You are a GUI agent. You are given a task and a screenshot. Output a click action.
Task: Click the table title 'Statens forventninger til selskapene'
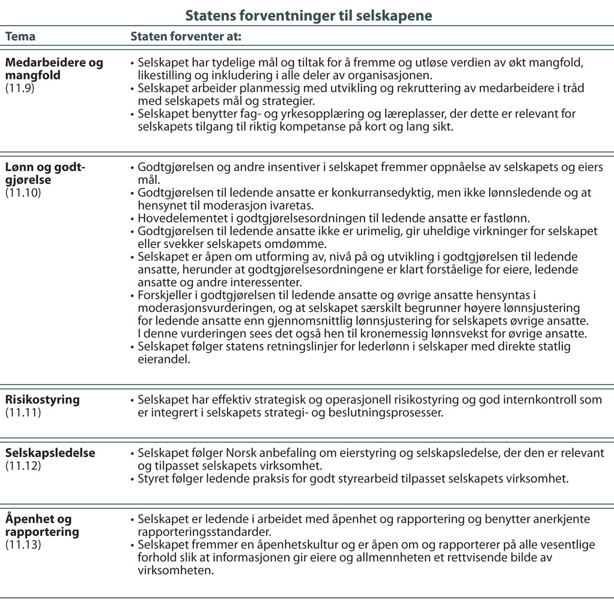click(308, 15)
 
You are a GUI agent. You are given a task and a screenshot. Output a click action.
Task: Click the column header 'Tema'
click(20, 37)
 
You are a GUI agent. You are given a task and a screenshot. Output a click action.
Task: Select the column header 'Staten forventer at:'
click(186, 37)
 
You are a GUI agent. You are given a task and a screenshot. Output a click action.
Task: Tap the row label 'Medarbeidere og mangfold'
click(54, 69)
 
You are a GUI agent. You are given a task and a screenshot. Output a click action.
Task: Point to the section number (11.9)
click(19, 88)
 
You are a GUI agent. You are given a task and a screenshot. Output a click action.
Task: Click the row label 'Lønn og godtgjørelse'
click(45, 174)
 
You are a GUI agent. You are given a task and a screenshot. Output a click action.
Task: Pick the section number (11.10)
click(23, 193)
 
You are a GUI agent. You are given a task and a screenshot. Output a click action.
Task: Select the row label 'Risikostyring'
click(42, 399)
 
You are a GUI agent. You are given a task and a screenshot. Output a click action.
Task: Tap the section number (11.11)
click(23, 412)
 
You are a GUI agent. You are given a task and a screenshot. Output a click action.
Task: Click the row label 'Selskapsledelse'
click(50, 453)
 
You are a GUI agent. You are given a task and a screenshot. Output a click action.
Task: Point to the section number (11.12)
click(23, 466)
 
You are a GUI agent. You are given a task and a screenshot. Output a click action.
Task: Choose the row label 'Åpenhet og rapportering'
click(42, 525)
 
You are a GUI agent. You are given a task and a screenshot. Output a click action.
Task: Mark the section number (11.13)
click(23, 544)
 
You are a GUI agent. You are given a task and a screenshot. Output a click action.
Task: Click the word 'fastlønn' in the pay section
click(509, 218)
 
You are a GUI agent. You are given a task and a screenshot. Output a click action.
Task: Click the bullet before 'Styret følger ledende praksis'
click(132, 479)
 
